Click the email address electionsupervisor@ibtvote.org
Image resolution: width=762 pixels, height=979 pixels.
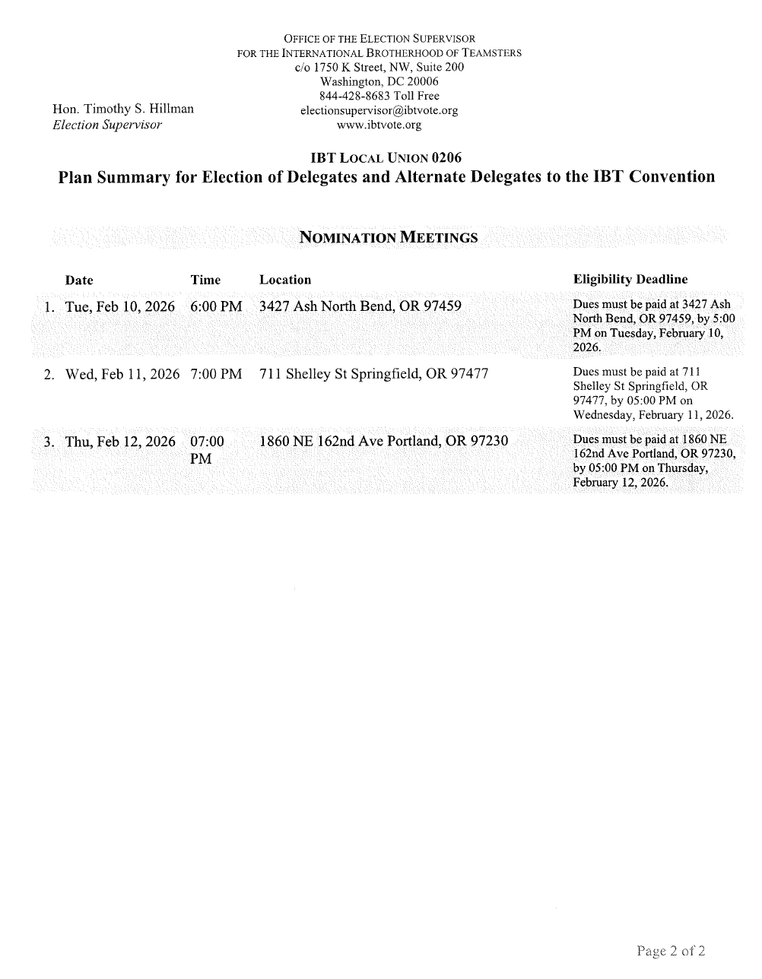[x=379, y=110]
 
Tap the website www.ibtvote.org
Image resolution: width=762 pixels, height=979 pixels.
[x=379, y=125]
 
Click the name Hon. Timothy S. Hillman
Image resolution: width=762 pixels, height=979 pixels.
[x=122, y=109]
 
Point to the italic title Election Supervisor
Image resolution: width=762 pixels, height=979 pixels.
[x=107, y=125]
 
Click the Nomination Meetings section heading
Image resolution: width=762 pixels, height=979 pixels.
[x=389, y=237]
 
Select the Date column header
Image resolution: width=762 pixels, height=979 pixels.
[x=79, y=280]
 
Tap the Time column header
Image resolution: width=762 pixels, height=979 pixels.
[x=205, y=280]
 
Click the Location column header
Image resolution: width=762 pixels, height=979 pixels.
[x=285, y=280]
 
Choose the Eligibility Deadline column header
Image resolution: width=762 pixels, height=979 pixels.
[x=630, y=280]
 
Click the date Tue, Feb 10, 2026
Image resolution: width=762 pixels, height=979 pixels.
[x=120, y=307]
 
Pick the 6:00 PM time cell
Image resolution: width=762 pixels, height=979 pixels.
[x=216, y=307]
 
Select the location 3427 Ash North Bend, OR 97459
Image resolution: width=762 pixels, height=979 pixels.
[x=360, y=307]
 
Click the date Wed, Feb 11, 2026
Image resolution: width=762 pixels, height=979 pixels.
[x=122, y=374]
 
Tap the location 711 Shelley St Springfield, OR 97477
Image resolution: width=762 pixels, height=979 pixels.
[x=373, y=374]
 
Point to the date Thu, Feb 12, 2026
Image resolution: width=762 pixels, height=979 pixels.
[x=120, y=442]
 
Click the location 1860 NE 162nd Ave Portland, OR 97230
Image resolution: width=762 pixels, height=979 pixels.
[x=383, y=442]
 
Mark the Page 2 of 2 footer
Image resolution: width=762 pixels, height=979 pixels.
[x=672, y=951]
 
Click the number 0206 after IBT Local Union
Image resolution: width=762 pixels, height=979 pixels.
[x=446, y=158]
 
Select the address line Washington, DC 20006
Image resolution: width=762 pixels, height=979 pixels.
[x=379, y=81]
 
